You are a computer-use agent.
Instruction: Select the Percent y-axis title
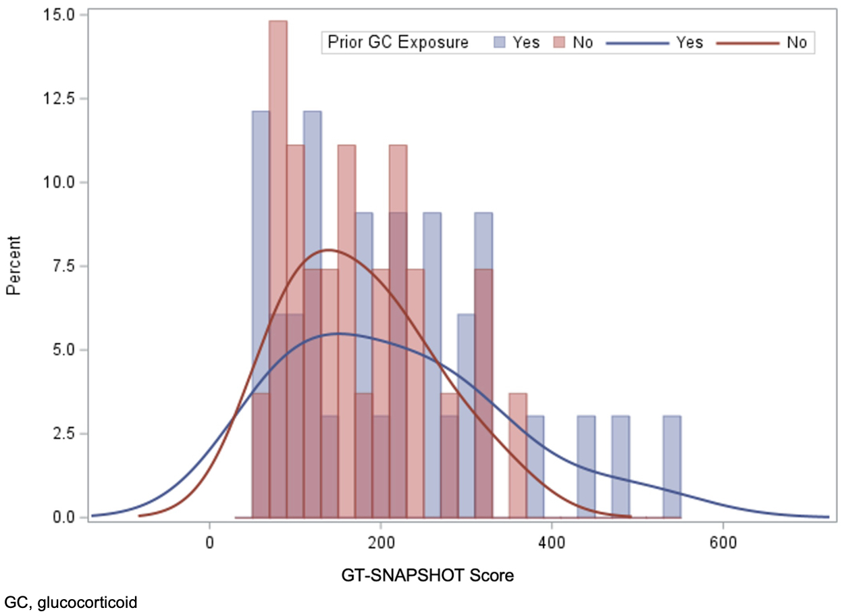(x=14, y=265)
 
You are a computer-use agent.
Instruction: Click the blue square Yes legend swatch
(x=499, y=43)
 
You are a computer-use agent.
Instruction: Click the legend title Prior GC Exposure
(x=398, y=43)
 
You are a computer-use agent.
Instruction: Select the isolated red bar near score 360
(x=518, y=456)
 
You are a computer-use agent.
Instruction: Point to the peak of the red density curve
(x=329, y=250)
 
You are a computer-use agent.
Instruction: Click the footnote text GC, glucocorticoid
(x=70, y=601)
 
